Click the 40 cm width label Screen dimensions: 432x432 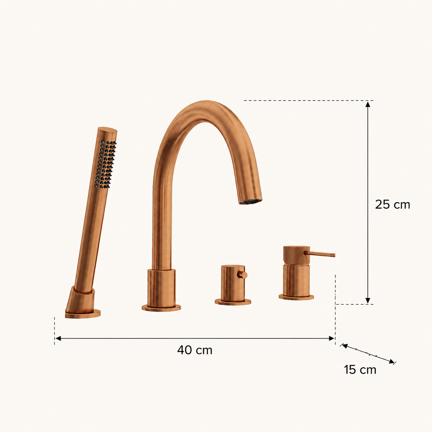point(195,350)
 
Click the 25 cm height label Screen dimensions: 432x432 point(392,204)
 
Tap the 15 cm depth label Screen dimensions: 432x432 point(360,370)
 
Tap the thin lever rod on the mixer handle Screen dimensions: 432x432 point(319,254)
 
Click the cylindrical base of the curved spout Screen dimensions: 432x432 point(162,288)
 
